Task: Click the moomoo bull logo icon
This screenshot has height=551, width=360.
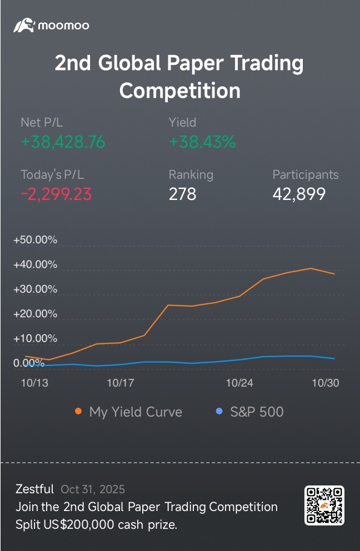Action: [x=24, y=25]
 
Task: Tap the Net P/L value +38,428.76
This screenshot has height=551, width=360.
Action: [x=63, y=142]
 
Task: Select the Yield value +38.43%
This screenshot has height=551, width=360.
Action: [x=202, y=142]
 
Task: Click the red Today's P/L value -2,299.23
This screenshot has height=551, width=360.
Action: [x=56, y=194]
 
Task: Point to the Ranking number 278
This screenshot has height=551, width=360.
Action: [x=182, y=194]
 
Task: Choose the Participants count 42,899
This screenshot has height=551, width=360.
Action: [x=299, y=194]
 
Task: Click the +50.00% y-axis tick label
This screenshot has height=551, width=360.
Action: [x=36, y=240]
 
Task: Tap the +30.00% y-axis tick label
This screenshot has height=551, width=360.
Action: [x=36, y=289]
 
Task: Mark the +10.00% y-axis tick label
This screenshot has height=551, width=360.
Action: [x=36, y=338]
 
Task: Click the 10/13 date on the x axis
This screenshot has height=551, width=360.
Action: [x=34, y=383]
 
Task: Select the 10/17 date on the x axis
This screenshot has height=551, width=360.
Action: [x=121, y=383]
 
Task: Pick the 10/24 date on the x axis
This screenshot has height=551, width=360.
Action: [x=240, y=383]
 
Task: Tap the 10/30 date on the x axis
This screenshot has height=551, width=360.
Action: [x=325, y=383]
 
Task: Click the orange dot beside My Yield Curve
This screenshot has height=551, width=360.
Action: [x=78, y=412]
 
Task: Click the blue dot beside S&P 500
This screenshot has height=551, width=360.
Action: [x=219, y=412]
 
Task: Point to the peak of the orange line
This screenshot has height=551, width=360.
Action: [x=311, y=268]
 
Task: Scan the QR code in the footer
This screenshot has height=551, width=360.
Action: [x=324, y=505]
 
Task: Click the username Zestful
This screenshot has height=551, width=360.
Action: [x=34, y=489]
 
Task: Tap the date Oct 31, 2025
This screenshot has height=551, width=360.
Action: [x=93, y=489]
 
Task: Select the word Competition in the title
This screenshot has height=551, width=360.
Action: [x=180, y=90]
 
